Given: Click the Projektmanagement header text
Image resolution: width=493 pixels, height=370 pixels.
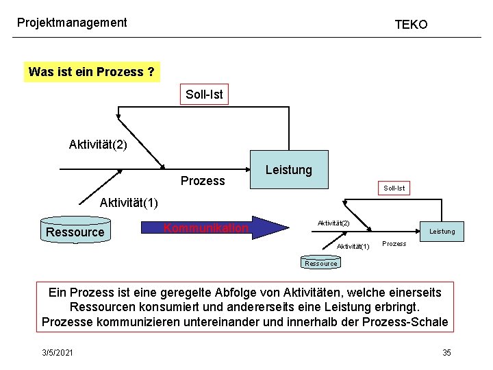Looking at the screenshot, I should (x=72, y=23).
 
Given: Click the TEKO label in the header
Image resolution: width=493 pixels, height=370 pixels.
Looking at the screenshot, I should (x=411, y=25).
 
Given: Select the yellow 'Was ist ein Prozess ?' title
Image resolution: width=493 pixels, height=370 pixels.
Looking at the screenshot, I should (x=92, y=72).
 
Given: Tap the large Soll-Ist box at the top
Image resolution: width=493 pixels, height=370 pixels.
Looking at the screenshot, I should (x=204, y=95).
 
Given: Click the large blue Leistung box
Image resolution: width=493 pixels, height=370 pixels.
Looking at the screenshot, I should (x=288, y=169).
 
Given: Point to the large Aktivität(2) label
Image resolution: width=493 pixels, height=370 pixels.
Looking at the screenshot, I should (x=98, y=145).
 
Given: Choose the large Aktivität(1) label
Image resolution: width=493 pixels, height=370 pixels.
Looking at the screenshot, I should (x=129, y=203).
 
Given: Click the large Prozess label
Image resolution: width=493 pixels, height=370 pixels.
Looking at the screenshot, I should (x=203, y=181).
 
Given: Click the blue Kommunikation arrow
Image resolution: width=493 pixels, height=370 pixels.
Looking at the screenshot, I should (x=212, y=227).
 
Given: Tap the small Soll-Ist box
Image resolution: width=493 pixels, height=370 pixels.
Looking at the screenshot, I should (x=394, y=188).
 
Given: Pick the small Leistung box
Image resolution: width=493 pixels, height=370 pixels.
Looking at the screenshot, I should (x=442, y=232).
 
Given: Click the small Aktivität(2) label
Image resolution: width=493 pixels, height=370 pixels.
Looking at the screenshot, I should (x=333, y=223).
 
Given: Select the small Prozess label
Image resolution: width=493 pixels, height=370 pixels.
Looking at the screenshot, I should (x=394, y=244).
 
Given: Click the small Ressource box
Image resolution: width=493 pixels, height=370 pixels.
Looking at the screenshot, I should (x=321, y=263).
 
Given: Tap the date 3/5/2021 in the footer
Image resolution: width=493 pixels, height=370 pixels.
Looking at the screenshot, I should (x=57, y=352).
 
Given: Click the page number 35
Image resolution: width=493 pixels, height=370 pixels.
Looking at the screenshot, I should (x=446, y=352).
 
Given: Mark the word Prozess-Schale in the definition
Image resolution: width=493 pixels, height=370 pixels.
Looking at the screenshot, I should (x=407, y=322).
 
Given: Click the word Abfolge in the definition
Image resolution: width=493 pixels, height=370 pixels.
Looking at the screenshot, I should (x=249, y=293).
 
